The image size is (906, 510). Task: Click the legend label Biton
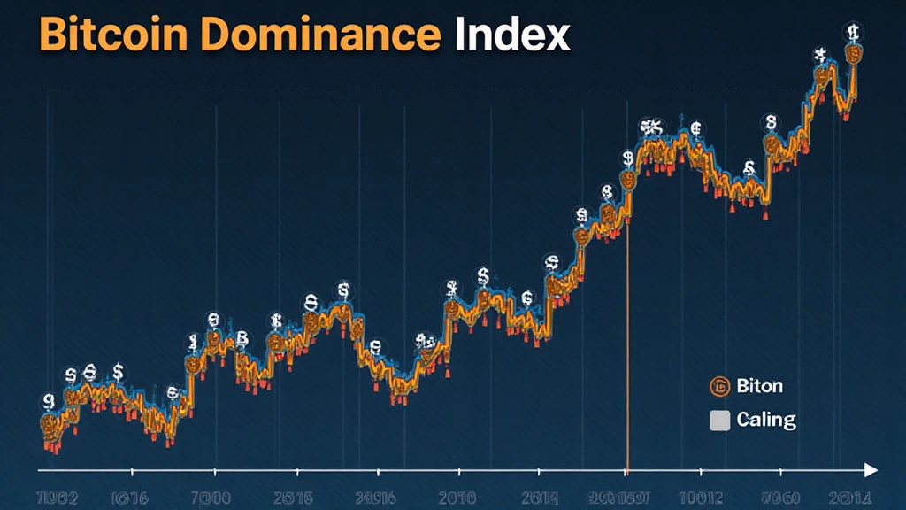click(759, 386)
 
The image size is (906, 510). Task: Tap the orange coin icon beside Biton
click(719, 386)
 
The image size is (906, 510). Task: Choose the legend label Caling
click(766, 420)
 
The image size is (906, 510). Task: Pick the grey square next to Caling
click(720, 421)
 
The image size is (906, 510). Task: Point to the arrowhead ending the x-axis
click(871, 468)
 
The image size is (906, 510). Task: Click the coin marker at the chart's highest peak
click(854, 54)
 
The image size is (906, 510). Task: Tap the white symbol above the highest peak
click(853, 33)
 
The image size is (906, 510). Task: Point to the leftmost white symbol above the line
click(48, 401)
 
